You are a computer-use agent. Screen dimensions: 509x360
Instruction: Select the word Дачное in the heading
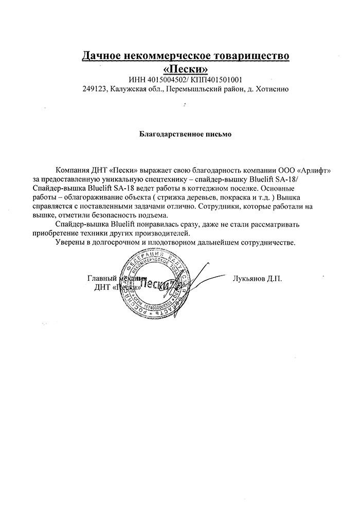(x=103, y=55)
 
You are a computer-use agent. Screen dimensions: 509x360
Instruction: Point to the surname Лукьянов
(x=249, y=278)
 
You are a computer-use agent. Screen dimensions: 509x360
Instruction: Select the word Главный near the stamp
(x=101, y=278)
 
